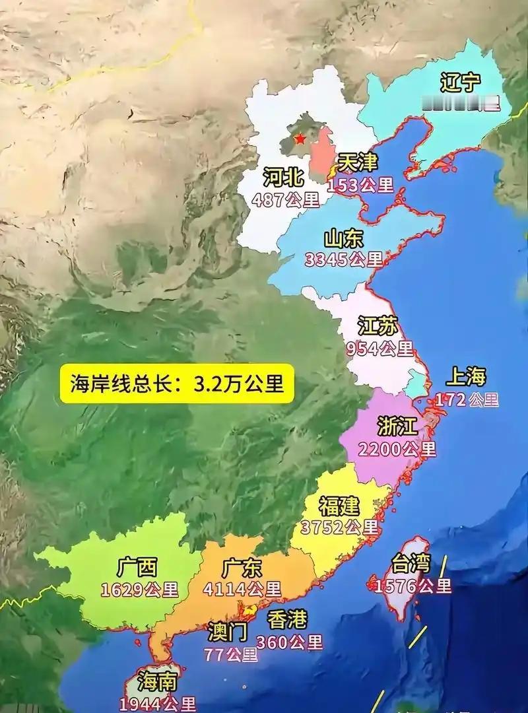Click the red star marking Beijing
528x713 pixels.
click(x=300, y=139)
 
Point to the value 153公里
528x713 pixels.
click(x=361, y=185)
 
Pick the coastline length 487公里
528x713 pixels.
click(x=285, y=199)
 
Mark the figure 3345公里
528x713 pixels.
click(x=344, y=259)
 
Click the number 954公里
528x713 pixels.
click(x=379, y=348)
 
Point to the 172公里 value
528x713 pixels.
click(x=467, y=399)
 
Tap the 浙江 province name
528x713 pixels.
click(x=397, y=426)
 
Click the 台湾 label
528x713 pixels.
click(x=411, y=564)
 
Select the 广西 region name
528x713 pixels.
click(x=137, y=566)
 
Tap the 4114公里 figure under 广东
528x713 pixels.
click(x=242, y=588)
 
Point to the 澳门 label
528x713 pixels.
click(x=228, y=632)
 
